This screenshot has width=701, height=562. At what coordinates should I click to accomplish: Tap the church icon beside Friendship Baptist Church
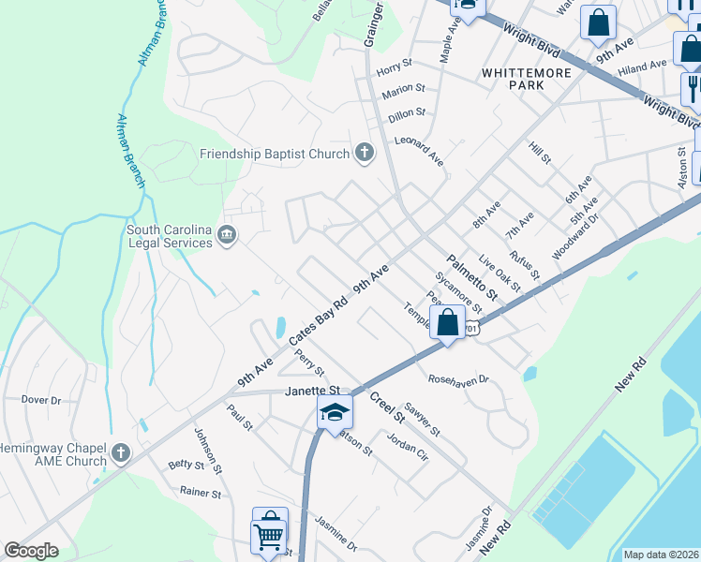(x=365, y=153)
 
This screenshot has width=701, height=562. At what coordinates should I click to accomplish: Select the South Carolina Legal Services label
(x=170, y=236)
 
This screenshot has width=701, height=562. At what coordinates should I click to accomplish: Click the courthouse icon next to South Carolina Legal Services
(x=226, y=235)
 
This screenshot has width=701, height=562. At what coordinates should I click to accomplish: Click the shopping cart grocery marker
(x=268, y=537)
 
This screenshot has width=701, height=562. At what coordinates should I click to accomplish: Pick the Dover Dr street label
(x=41, y=400)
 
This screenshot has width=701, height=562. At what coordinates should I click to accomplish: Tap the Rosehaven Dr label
(x=459, y=379)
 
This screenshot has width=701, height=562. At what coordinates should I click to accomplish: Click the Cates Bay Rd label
(x=319, y=317)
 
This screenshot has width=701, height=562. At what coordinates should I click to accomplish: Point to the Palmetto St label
(x=470, y=278)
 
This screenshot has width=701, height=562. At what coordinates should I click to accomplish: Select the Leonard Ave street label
(x=419, y=148)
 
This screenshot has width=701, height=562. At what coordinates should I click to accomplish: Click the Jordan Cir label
(x=408, y=442)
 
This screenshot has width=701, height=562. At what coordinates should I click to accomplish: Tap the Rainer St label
(x=201, y=493)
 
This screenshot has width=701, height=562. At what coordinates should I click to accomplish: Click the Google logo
(x=31, y=551)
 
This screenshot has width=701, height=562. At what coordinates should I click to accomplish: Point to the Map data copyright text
(x=661, y=555)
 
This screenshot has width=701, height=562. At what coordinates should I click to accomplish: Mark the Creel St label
(x=385, y=405)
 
